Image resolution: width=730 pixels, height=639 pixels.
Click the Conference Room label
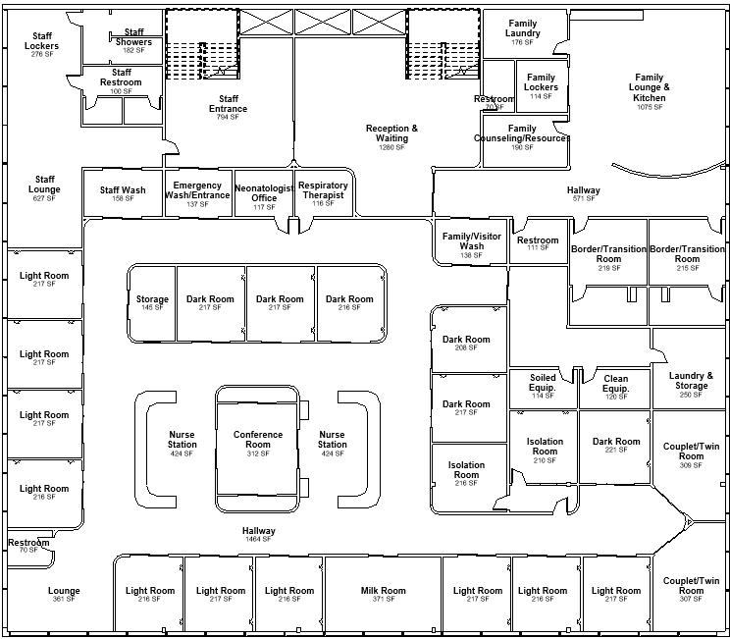point(258,440)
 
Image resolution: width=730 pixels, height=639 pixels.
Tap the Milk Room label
point(383,591)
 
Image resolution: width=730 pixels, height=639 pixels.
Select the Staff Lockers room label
point(42,41)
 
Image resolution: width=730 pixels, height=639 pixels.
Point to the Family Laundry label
point(522,29)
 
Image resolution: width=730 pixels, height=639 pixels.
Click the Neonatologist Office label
point(264,193)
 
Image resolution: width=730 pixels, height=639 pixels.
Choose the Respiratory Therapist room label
point(323,190)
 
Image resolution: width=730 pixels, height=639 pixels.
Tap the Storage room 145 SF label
point(152,299)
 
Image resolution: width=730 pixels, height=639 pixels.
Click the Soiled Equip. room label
point(543,383)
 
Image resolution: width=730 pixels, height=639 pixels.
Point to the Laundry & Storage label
point(691,381)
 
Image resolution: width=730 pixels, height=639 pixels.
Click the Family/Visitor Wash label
point(471,241)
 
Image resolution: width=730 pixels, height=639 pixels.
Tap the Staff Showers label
point(133,37)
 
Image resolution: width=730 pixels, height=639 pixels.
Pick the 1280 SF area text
point(391,147)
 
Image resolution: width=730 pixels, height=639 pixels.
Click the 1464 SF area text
point(259,539)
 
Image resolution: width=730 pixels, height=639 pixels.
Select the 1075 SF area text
point(649,107)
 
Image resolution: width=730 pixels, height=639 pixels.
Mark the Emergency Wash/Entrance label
point(197,190)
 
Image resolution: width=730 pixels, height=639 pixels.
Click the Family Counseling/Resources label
point(522,133)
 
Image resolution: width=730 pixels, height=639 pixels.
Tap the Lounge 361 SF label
point(64,591)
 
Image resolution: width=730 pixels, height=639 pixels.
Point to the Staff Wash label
point(123,190)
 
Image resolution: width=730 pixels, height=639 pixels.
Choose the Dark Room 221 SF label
point(616,442)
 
